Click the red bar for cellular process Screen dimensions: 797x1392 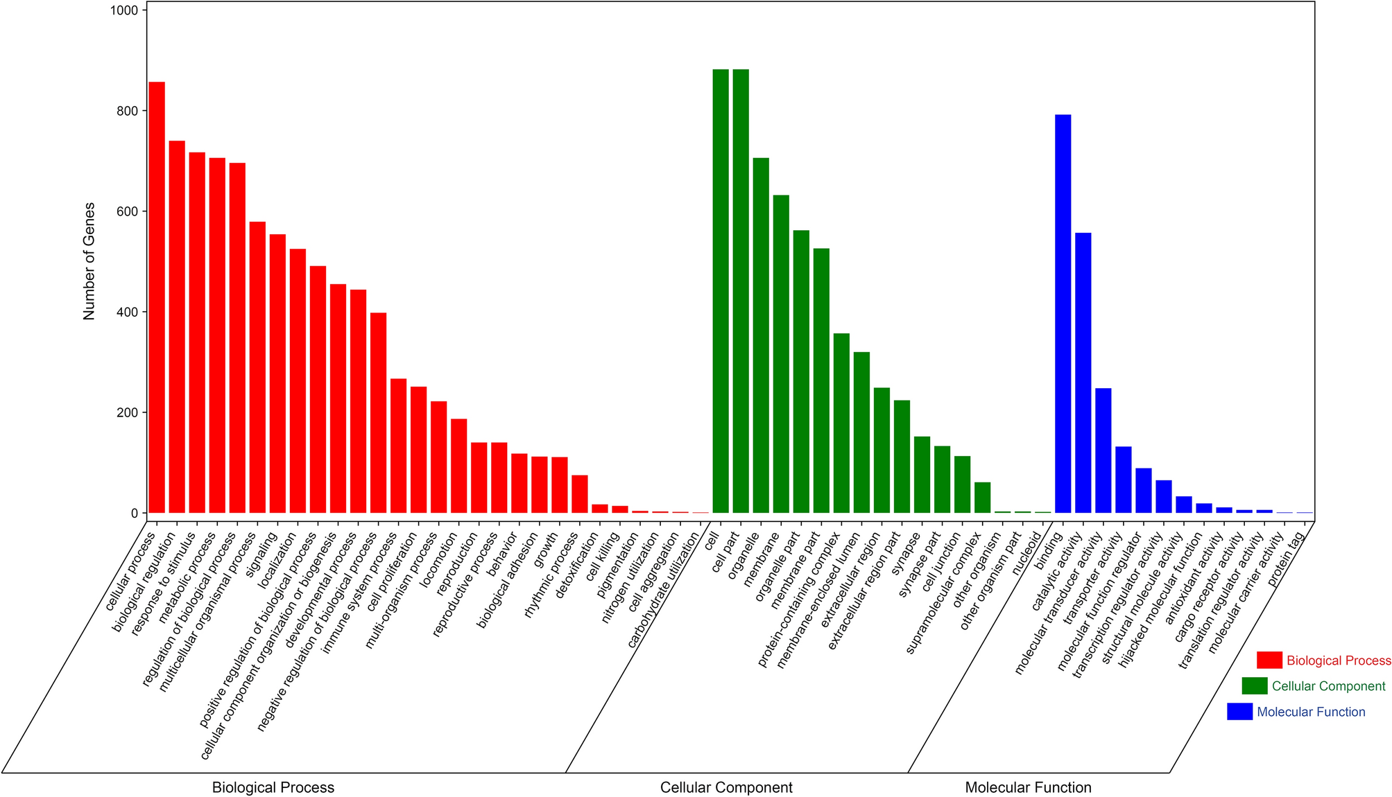point(157,297)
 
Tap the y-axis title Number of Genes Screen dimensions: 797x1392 point(89,261)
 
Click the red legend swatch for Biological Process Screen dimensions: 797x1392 point(1269,660)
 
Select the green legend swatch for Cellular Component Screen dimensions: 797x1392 point(1255,686)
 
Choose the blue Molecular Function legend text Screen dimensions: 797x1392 point(1311,712)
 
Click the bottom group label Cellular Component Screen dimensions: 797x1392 point(726,787)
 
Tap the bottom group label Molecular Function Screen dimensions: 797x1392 point(1028,787)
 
